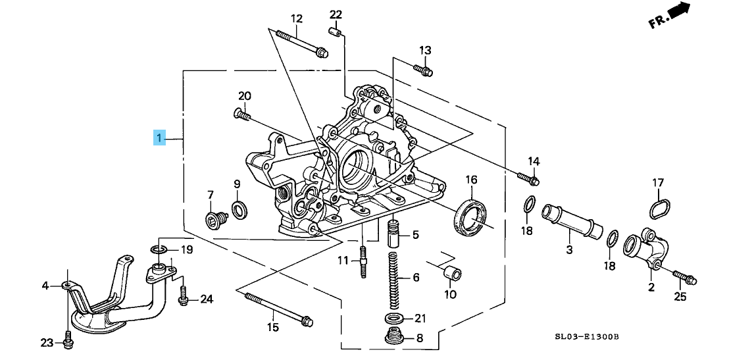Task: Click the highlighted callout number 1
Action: (158, 138)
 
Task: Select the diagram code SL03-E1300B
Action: (587, 337)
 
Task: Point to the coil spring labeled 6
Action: (394, 280)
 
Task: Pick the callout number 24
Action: (207, 299)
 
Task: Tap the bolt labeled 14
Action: (528, 177)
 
